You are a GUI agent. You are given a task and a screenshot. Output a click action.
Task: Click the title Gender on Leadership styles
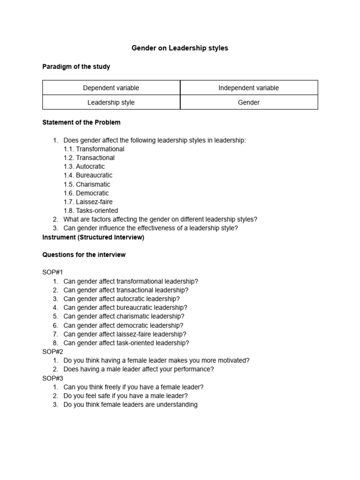(180, 48)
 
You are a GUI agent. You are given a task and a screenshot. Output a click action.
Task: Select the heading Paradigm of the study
(76, 67)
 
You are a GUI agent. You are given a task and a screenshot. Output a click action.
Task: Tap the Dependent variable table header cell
(111, 88)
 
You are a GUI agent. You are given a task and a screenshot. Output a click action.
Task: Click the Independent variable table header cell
(248, 88)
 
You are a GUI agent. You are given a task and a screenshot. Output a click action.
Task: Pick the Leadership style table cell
(111, 102)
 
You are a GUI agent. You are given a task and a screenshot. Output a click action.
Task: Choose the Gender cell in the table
(248, 102)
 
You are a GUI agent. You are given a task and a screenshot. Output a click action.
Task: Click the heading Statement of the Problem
(81, 122)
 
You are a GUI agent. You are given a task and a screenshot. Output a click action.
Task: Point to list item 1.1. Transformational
(94, 149)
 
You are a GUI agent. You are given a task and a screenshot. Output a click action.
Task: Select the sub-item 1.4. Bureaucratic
(88, 175)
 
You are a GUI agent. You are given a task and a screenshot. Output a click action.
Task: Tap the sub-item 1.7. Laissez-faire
(88, 202)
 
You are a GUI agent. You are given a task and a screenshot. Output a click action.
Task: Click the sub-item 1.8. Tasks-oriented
(90, 210)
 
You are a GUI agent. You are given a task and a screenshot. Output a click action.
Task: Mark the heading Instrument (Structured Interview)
(93, 237)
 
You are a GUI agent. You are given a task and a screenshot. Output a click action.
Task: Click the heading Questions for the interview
(84, 255)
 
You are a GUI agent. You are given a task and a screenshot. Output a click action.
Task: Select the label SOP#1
(52, 272)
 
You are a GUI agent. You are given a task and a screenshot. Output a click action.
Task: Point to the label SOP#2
(52, 352)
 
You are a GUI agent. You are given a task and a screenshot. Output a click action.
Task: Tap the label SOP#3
(52, 378)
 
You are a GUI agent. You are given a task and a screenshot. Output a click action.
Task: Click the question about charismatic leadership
(124, 316)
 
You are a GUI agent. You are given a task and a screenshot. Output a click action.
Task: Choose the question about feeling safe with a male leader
(126, 396)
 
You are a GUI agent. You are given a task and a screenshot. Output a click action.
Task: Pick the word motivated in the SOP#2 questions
(233, 360)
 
